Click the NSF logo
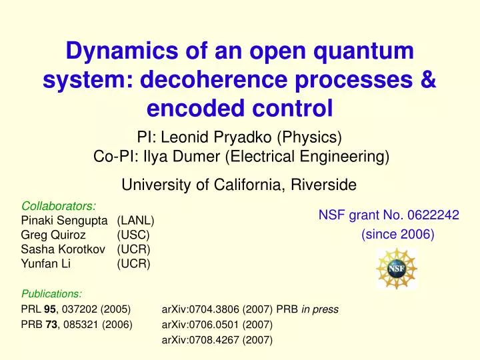[397, 269]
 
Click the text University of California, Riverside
[239, 185]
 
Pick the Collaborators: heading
[59, 206]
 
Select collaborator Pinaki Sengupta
[66, 221]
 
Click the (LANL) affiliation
[136, 221]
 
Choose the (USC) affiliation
[133, 235]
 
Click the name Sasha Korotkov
[59, 249]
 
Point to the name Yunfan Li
[46, 264]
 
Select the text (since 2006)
[397, 235]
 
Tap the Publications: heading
[52, 293]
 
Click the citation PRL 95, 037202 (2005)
[75, 309]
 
